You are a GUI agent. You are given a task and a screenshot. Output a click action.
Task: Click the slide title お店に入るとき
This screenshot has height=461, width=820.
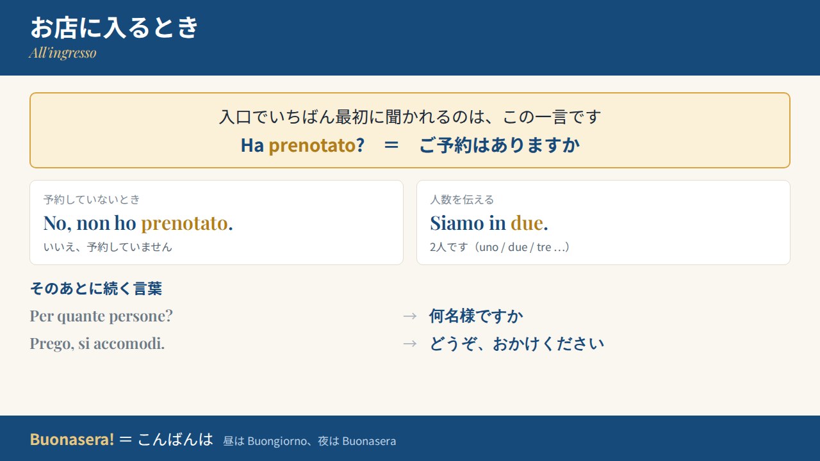point(114,28)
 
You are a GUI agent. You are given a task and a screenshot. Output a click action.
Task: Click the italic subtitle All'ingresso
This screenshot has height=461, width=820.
point(63,53)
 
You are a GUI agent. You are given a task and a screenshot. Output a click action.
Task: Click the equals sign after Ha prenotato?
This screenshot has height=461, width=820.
point(391,145)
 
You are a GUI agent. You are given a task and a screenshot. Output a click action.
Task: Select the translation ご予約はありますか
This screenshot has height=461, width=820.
point(500,145)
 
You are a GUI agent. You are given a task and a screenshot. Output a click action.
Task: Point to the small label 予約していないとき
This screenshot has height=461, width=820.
point(92,199)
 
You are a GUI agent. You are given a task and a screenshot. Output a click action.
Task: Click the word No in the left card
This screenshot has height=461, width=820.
point(55,223)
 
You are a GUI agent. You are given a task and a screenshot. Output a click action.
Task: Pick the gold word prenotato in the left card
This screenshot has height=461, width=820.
point(184,224)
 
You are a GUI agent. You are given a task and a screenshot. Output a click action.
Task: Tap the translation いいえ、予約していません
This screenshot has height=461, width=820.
point(108,247)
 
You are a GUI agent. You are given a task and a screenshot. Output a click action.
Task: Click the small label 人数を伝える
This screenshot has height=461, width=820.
point(462,199)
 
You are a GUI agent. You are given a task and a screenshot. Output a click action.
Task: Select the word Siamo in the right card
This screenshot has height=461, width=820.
point(457,223)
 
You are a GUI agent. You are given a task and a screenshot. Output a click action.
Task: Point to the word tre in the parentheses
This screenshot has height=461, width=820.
point(544,247)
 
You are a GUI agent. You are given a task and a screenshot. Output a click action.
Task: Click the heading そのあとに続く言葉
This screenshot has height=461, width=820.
point(96,288)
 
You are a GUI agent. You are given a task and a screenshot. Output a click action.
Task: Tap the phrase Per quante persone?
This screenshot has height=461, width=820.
point(101,316)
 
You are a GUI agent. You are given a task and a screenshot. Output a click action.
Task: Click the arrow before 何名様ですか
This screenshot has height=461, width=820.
point(410,316)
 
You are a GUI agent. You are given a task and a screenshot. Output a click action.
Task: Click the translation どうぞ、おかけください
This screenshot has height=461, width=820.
point(517,344)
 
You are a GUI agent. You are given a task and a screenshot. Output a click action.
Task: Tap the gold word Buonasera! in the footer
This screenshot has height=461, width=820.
point(72,439)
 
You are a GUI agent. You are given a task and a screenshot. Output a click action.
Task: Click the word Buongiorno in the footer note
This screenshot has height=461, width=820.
point(277,442)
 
